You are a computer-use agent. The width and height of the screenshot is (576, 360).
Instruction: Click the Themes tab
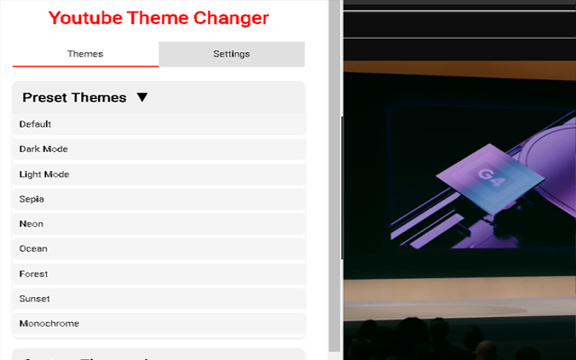pyautogui.click(x=85, y=54)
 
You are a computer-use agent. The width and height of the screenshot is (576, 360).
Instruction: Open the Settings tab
pyautogui.click(x=231, y=54)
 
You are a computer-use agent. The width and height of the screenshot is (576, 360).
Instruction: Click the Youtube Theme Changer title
pyautogui.click(x=158, y=18)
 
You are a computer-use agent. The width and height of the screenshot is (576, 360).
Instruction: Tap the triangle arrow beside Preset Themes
pyautogui.click(x=142, y=97)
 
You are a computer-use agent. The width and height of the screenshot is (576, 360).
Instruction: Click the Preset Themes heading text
pyautogui.click(x=74, y=97)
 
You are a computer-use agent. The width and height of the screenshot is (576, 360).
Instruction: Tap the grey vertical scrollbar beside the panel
pyautogui.click(x=335, y=180)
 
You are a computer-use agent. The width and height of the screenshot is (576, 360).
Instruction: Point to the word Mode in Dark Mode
pyautogui.click(x=56, y=149)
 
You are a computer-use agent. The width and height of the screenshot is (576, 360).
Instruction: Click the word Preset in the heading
pyautogui.click(x=44, y=97)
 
